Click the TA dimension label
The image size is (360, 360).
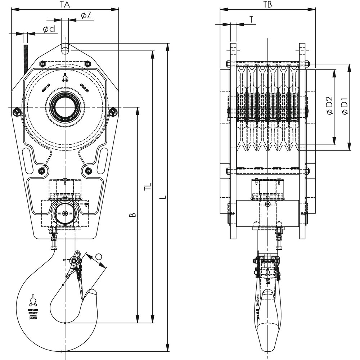point(65,4)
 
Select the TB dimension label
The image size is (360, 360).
point(267,4)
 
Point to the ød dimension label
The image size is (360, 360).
point(49,29)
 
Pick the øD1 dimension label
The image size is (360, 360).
point(345,107)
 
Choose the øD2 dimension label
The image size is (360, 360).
point(329,107)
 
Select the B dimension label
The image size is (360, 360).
point(132,215)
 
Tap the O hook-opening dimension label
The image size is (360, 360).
point(99,257)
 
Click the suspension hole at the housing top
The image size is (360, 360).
point(65,48)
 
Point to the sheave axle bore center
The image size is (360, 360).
point(65,107)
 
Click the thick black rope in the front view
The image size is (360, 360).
point(26,58)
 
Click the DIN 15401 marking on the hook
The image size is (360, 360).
point(33,309)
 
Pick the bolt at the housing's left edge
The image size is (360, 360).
point(16,112)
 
